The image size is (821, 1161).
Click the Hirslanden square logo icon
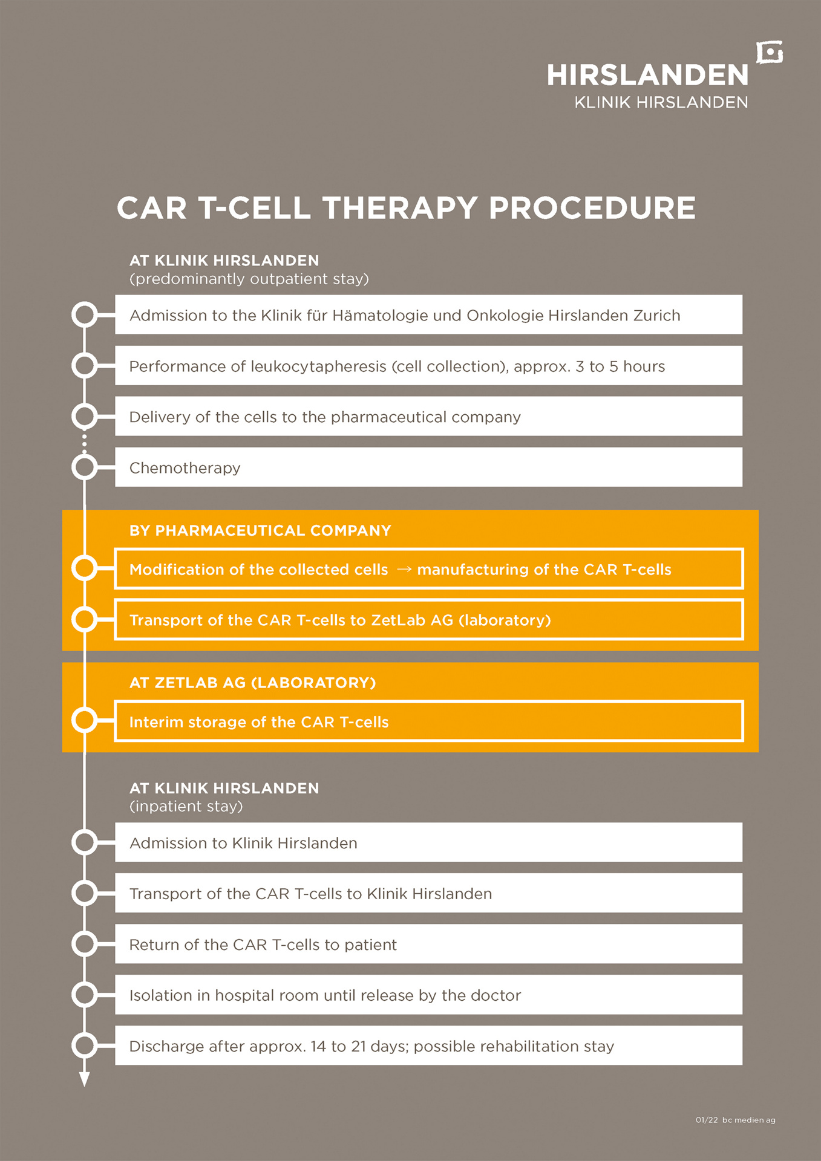click(x=770, y=53)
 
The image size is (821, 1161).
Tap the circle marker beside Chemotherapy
click(x=85, y=467)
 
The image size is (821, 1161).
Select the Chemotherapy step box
click(x=428, y=467)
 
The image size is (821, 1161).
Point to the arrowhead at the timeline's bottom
click(x=85, y=1079)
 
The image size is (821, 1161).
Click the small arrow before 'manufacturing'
click(x=403, y=570)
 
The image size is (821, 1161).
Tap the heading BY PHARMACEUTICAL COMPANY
click(x=260, y=530)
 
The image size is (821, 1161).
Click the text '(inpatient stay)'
click(x=186, y=806)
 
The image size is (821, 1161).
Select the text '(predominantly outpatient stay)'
click(x=249, y=279)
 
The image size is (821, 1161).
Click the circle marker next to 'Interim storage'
click(x=85, y=720)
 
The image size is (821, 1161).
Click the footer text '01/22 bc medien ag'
click(x=735, y=1120)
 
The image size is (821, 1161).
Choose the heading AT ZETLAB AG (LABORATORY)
click(x=252, y=683)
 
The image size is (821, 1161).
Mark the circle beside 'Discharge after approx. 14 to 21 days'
click(x=85, y=1045)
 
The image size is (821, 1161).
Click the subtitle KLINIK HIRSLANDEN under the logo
click(x=661, y=103)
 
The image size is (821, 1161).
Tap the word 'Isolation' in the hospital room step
click(x=160, y=995)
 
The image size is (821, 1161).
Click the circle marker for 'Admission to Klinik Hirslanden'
click(x=85, y=842)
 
